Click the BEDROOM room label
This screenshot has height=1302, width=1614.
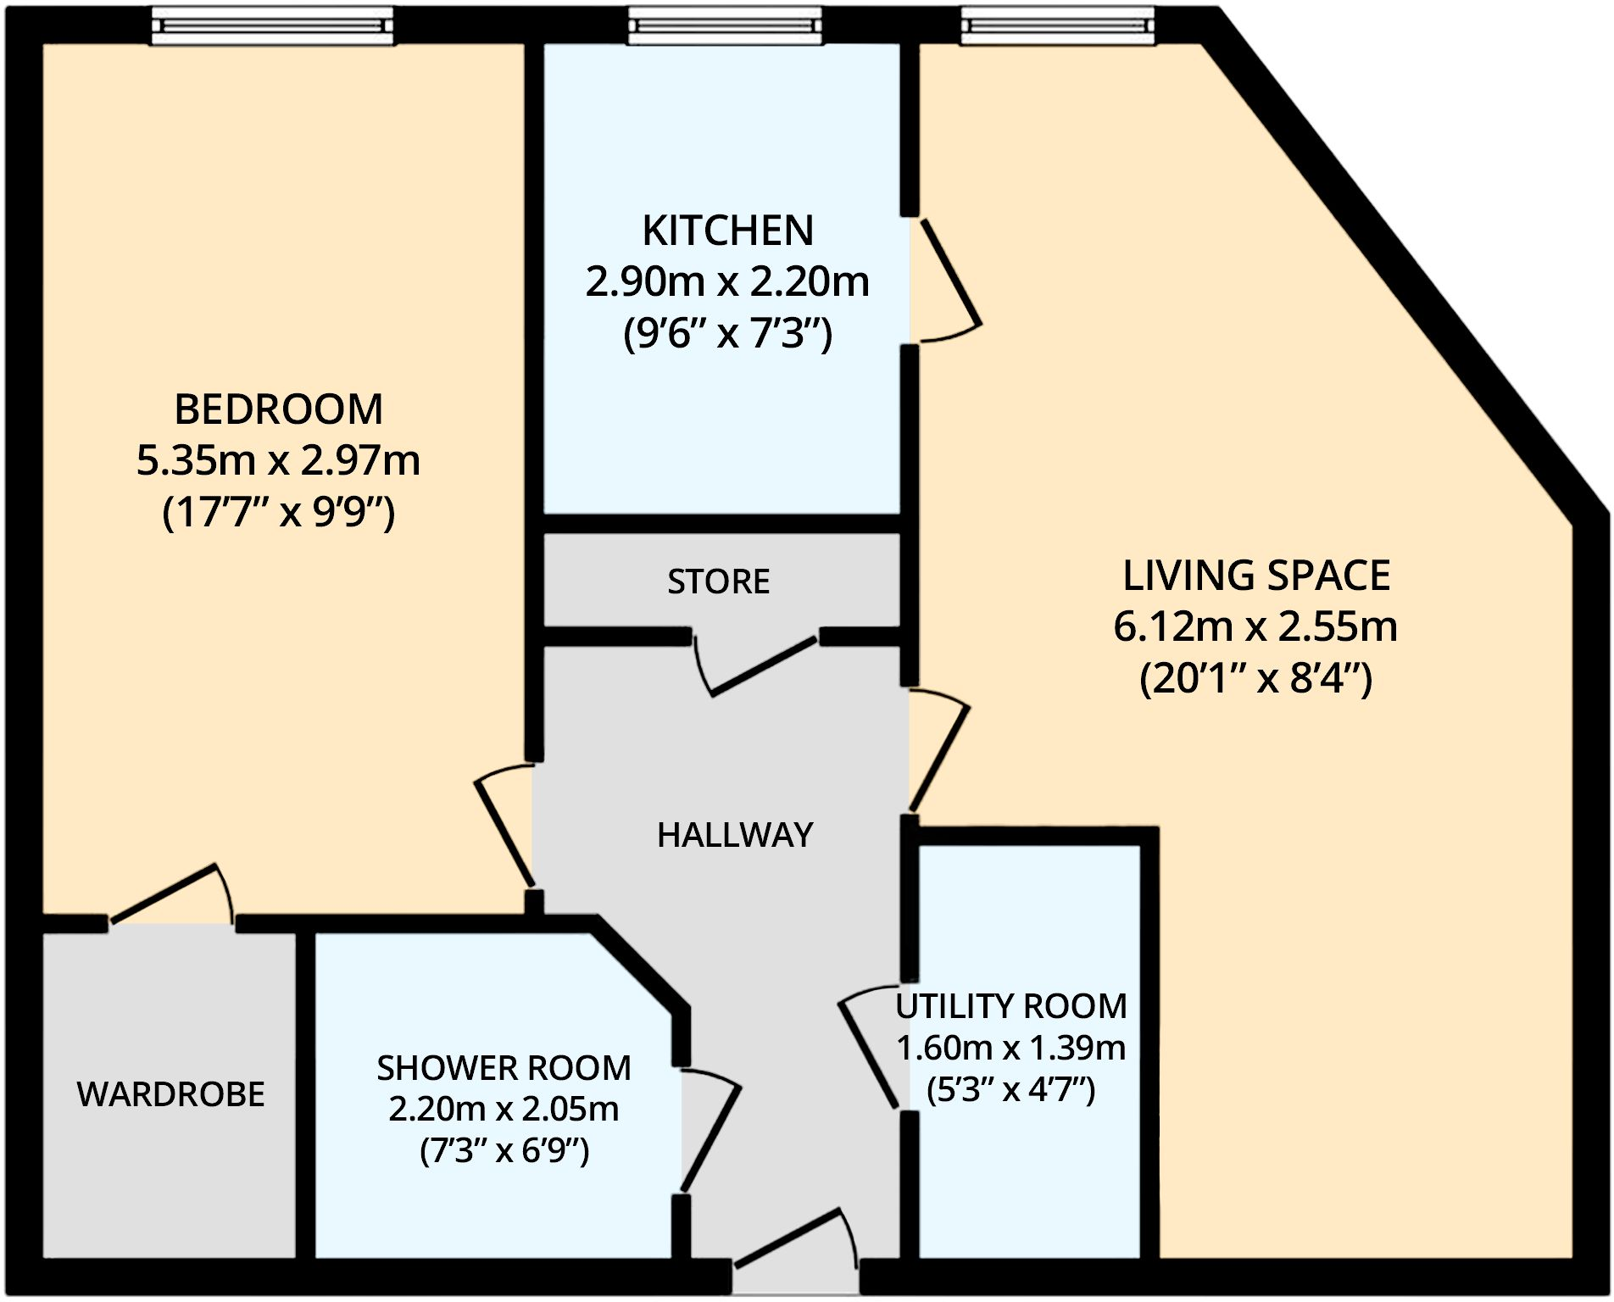278,410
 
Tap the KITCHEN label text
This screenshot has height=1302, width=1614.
727,231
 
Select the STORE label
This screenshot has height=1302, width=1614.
718,582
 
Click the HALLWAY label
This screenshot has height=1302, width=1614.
735,836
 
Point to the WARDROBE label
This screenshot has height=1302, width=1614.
170,1094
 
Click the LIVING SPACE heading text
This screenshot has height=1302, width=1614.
1255,576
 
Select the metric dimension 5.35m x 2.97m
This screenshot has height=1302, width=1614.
278,461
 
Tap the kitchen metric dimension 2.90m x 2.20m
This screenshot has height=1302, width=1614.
727,282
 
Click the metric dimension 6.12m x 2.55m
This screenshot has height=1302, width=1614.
1255,627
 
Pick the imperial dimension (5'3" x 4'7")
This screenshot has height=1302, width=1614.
1010,1089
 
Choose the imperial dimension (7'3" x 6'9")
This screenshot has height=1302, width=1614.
504,1151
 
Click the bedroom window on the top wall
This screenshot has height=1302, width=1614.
272,25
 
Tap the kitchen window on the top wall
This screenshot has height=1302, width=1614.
725,25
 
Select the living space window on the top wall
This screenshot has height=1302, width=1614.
1057,25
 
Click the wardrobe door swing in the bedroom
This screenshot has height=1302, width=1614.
165,894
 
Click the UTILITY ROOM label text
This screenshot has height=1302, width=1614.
1010,1007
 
